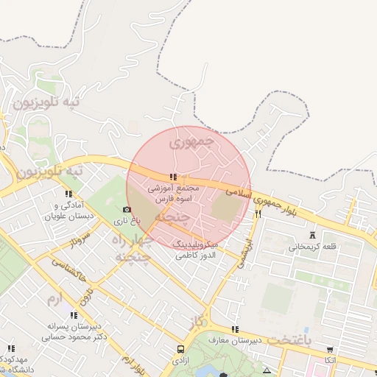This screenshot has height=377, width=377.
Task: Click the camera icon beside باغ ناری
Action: tap(127, 210)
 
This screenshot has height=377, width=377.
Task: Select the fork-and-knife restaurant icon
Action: tap(258, 214)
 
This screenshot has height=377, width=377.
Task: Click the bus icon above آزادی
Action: tap(180, 349)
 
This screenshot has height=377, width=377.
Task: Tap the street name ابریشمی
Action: tap(243, 255)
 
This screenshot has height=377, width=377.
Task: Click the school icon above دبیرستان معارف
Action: tap(235, 329)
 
